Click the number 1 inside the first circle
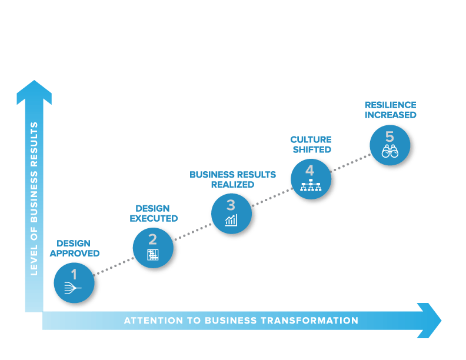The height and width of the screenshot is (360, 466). (74, 274)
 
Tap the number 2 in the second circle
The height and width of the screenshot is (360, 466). (152, 239)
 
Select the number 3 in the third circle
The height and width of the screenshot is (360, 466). (231, 205)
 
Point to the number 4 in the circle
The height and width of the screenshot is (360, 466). (309, 170)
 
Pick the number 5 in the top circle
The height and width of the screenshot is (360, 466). (390, 136)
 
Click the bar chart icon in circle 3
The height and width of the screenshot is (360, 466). (231, 221)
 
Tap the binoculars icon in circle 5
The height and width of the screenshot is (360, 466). (390, 152)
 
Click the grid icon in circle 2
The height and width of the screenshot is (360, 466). (153, 255)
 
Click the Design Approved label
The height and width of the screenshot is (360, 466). (74, 248)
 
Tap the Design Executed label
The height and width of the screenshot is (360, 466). (152, 214)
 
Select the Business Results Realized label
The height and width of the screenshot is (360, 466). (232, 179)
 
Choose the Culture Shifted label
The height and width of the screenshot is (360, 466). (311, 145)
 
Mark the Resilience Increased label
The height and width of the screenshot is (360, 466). (390, 110)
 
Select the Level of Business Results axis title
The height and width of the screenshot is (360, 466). (34, 198)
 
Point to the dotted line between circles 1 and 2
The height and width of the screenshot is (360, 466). (113, 266)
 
